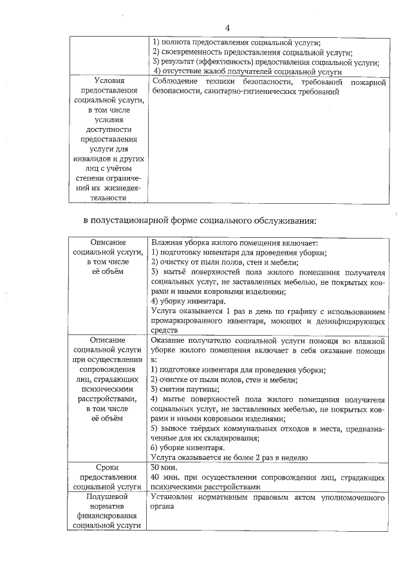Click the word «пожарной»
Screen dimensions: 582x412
point(368,82)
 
